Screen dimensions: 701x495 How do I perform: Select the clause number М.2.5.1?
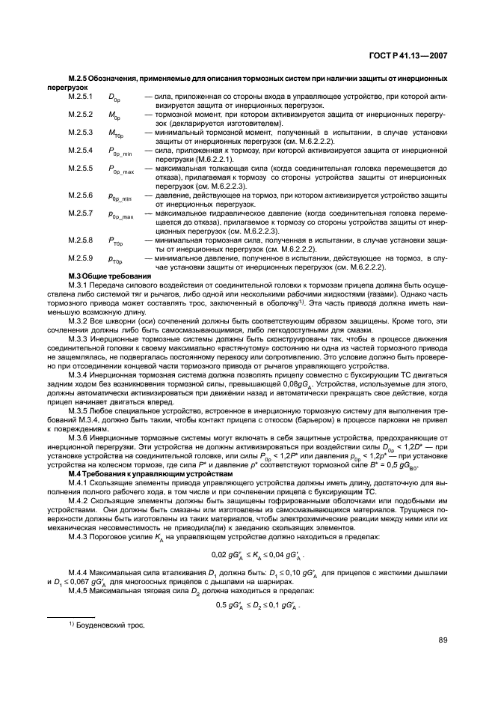pyautogui.click(x=80, y=97)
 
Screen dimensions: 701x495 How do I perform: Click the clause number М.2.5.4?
pyautogui.click(x=80, y=151)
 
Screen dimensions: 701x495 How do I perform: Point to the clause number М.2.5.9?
pyautogui.click(x=80, y=258)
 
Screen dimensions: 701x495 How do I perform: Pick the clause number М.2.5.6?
pyautogui.click(x=80, y=195)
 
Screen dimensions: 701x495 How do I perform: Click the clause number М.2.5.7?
pyautogui.click(x=80, y=213)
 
